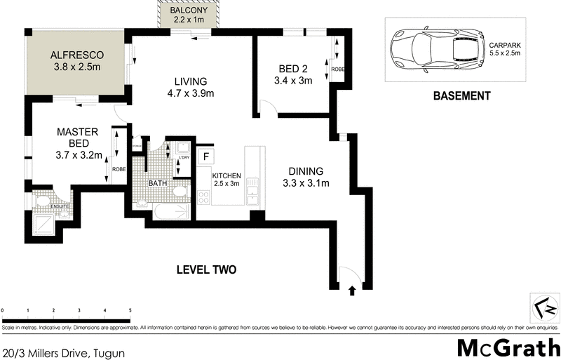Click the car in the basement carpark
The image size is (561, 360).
[435, 48]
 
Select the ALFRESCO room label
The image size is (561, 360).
[76, 54]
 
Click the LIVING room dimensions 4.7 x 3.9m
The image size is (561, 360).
[190, 93]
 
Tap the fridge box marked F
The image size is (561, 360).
[205, 156]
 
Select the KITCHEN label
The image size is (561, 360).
[227, 175]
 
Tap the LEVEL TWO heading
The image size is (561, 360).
[205, 269]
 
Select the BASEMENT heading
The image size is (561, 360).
[461, 96]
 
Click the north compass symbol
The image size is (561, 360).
[544, 307]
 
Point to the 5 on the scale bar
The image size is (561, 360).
[130, 309]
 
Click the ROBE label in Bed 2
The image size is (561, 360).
[338, 69]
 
